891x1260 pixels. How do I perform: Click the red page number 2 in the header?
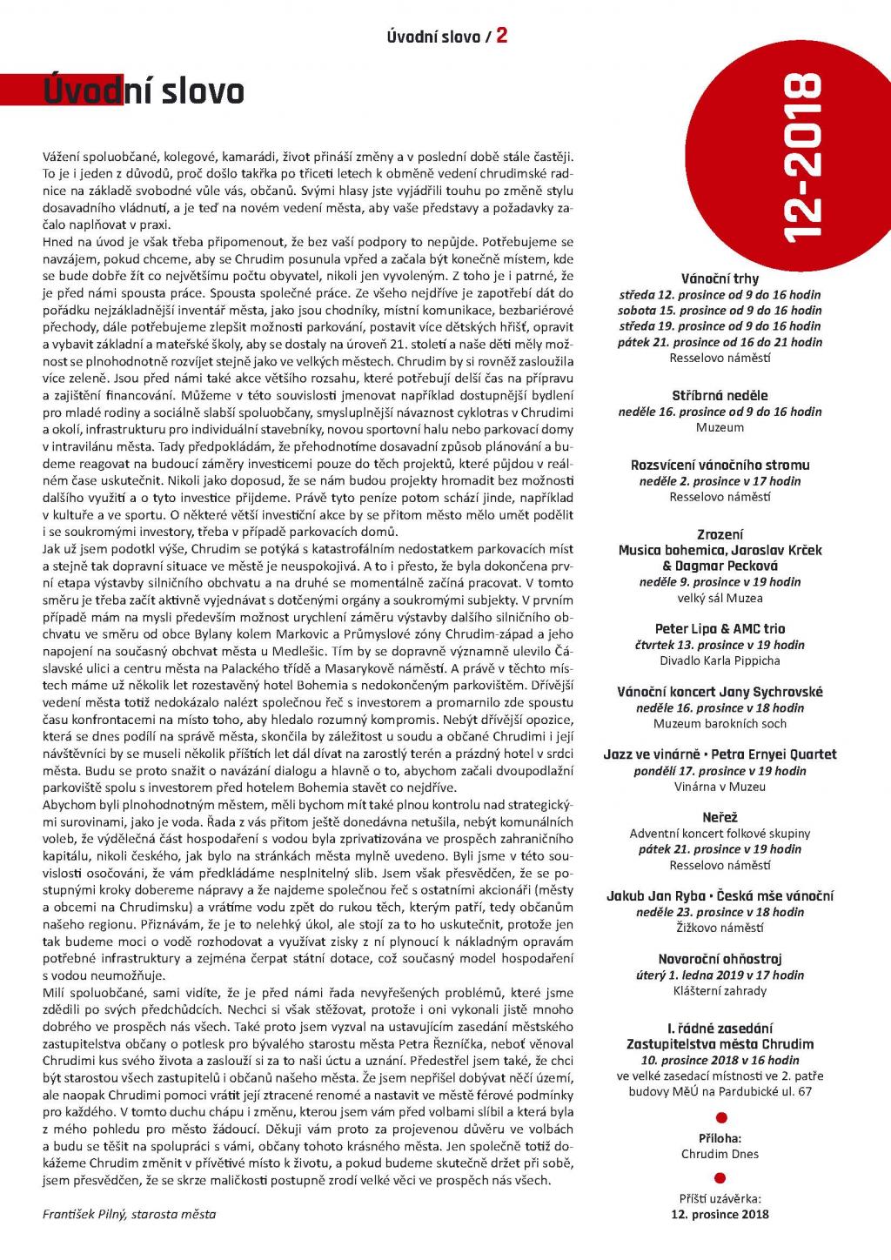coord(502,36)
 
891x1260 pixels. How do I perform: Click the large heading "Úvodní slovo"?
coord(144,91)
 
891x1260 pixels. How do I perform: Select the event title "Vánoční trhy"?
coord(720,279)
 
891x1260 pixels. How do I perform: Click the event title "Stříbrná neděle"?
coord(720,396)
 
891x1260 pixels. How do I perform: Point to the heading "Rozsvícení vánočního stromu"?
coord(720,466)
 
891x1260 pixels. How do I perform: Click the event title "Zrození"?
coord(720,534)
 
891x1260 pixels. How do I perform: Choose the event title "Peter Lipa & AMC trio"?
coord(720,629)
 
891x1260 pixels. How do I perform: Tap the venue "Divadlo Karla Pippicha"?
coord(720,660)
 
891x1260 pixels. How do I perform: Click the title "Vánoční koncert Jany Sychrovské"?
coord(720,692)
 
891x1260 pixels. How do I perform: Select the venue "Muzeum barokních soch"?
coord(720,723)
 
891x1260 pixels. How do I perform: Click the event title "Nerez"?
coord(720,818)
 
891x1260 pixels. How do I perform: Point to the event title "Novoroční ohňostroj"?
coord(720,959)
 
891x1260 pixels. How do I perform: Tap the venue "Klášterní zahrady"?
coord(720,990)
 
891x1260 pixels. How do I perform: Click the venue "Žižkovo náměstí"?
coord(720,928)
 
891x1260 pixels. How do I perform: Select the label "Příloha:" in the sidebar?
coord(720,1138)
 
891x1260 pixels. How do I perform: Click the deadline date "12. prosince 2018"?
coord(720,1214)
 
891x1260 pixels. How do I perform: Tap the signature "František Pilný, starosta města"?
coord(130,1214)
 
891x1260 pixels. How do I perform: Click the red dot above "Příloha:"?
coord(720,1119)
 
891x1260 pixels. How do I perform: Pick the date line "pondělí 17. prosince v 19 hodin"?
coord(720,771)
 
